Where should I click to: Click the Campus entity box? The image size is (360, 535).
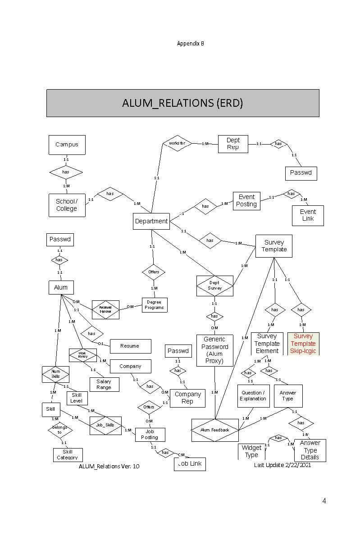[x=67, y=145]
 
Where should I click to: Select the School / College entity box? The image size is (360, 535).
[x=67, y=205]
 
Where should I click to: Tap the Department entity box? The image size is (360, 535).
[x=151, y=221]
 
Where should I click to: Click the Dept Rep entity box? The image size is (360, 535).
[x=233, y=144]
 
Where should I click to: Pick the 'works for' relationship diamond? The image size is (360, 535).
[x=177, y=143]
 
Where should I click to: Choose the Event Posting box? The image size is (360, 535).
[x=246, y=200]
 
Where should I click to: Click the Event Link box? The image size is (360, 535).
[x=308, y=215]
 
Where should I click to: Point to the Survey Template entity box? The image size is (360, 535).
[x=273, y=246]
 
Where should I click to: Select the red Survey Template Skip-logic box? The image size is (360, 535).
[x=303, y=343]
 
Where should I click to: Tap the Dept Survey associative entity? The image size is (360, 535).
[x=214, y=286]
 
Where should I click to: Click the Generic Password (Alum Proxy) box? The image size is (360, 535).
[x=214, y=350]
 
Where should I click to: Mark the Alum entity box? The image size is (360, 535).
[x=61, y=287]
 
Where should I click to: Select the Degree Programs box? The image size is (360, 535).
[x=154, y=305]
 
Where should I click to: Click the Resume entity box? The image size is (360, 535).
[x=130, y=346]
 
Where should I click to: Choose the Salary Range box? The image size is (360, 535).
[x=104, y=384]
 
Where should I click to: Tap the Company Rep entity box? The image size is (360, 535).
[x=187, y=398]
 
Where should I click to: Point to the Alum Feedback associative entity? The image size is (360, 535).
[x=215, y=430]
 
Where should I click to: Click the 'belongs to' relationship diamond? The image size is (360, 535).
[x=60, y=430]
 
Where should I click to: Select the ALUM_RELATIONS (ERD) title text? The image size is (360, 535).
[x=182, y=103]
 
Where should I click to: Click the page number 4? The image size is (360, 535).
[x=324, y=501]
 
